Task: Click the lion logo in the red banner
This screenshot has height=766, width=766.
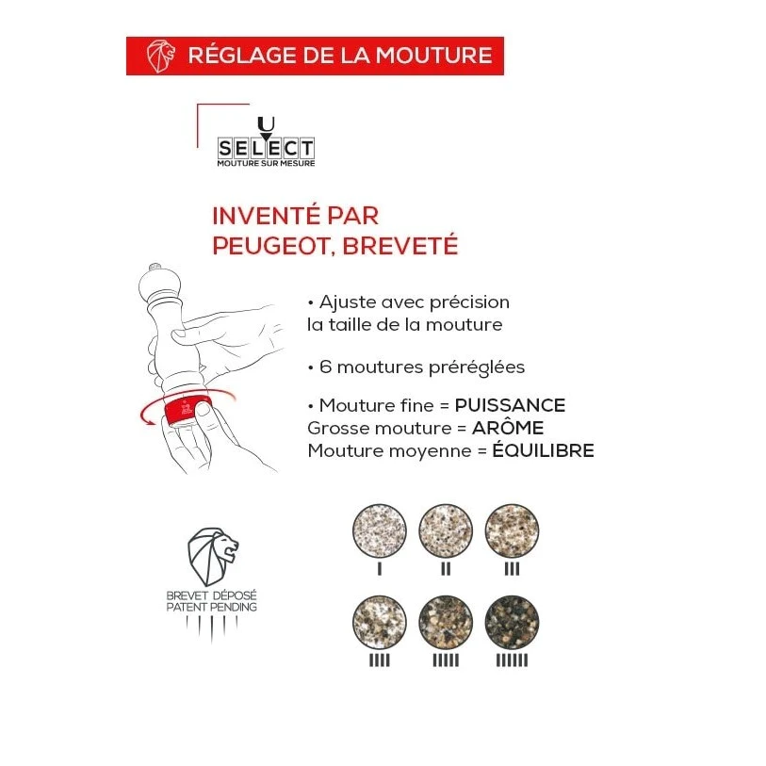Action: (161, 56)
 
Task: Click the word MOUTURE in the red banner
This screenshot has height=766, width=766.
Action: (433, 55)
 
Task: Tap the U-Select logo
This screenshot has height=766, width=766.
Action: (266, 142)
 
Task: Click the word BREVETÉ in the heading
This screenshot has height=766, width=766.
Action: (400, 245)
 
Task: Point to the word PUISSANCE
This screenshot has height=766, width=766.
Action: (510, 405)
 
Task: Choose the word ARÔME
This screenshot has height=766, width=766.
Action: (508, 428)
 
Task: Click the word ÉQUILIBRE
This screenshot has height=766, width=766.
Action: (544, 450)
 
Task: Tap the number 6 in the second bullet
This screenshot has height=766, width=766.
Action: (325, 367)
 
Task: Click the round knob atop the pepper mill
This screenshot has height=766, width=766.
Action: (155, 268)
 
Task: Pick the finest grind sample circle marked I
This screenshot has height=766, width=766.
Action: (380, 531)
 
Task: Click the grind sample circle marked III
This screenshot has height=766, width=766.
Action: (512, 531)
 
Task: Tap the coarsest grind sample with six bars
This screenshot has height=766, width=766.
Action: (512, 623)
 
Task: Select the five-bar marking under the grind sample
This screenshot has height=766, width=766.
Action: (446, 660)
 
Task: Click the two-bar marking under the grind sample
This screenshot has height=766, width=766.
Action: (446, 569)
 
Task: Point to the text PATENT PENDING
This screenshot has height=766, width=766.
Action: (212, 607)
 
